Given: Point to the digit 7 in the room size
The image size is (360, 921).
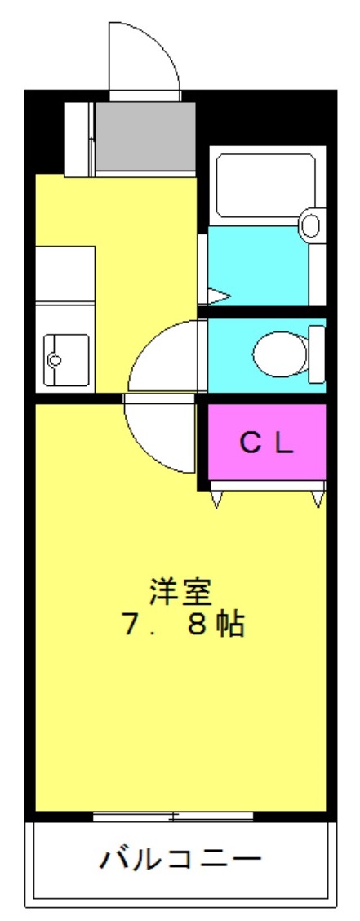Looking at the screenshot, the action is (x=131, y=626).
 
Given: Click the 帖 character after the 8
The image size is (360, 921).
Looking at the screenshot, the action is (x=229, y=626).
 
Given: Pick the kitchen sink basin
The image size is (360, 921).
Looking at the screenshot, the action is (x=65, y=359).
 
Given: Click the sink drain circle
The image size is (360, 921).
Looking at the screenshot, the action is (x=56, y=359).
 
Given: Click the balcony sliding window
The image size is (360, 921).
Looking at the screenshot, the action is (x=173, y=816).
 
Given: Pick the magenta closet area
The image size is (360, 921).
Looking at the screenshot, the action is (x=267, y=442).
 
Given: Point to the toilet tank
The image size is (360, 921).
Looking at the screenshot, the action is (x=317, y=354).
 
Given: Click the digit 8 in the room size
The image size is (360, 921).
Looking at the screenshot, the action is (x=197, y=626).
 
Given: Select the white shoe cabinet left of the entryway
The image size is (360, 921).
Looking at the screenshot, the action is (x=79, y=139).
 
